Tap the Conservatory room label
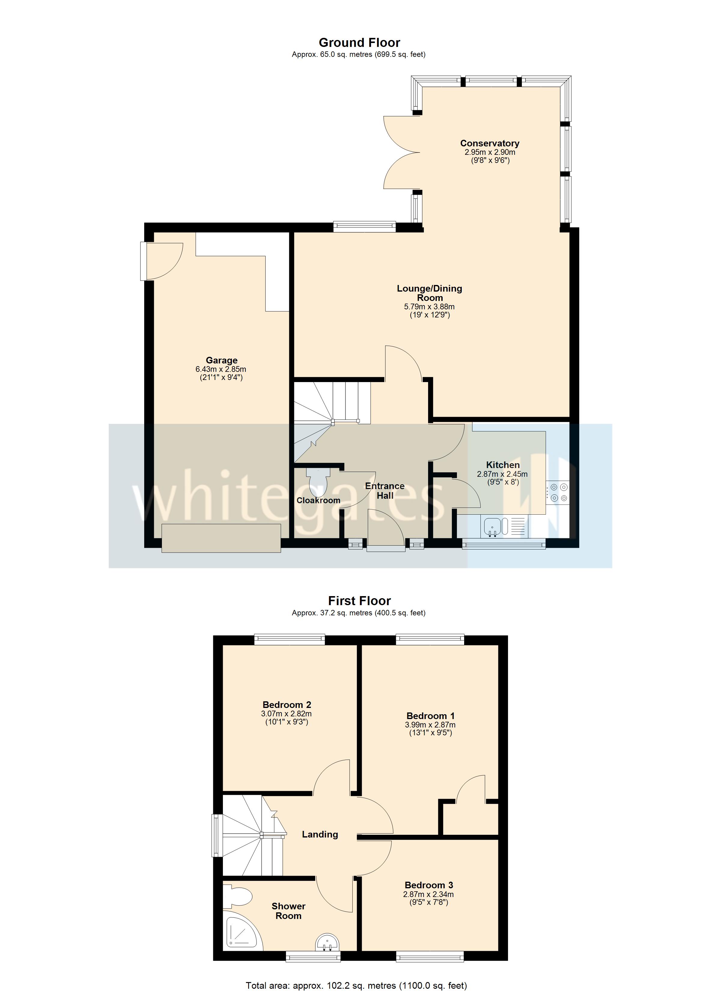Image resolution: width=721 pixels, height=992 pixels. (x=489, y=143)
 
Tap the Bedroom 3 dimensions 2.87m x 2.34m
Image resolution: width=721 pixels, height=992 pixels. (x=428, y=895)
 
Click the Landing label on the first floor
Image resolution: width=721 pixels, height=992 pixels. (x=320, y=834)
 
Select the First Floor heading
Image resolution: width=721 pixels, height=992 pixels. (x=359, y=601)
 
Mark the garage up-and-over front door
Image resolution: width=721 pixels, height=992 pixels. (x=221, y=538)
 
